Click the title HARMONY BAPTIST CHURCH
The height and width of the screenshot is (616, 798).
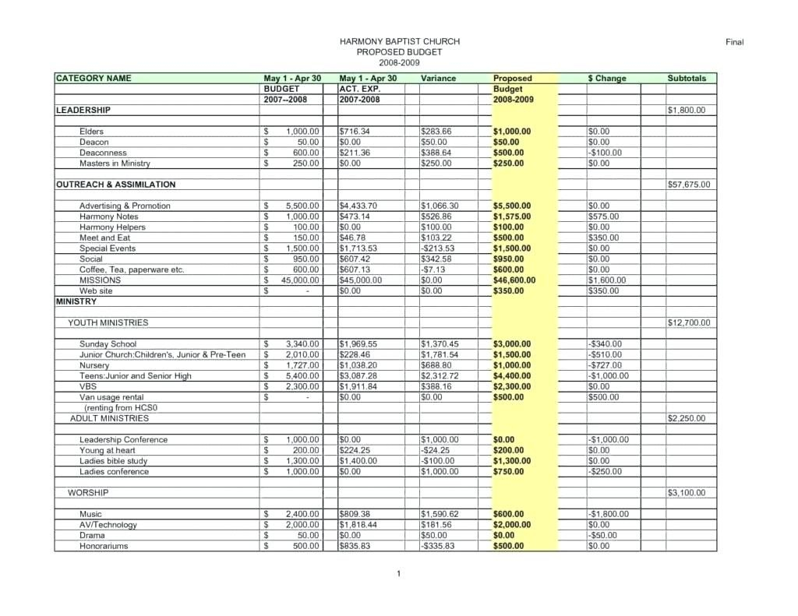pyautogui.click(x=399, y=41)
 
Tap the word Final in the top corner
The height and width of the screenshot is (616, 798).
pyautogui.click(x=735, y=42)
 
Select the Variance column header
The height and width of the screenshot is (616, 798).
pyautogui.click(x=438, y=79)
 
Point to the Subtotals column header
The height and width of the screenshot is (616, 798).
pyautogui.click(x=687, y=79)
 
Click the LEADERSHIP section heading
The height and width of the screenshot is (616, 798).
pyautogui.click(x=83, y=111)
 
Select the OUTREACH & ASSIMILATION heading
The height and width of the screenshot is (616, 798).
pyautogui.click(x=116, y=185)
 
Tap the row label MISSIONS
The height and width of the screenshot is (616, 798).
pyautogui.click(x=100, y=280)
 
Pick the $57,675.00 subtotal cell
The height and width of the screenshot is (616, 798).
pyautogui.click(x=689, y=185)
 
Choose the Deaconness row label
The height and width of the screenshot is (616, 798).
pyautogui.click(x=103, y=153)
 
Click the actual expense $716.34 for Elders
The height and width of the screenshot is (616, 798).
pyautogui.click(x=355, y=132)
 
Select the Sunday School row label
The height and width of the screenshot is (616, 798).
pyautogui.click(x=108, y=344)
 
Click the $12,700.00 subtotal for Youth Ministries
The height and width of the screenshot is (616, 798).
pyautogui.click(x=689, y=323)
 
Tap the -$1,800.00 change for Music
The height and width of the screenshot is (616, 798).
pyautogui.click(x=608, y=515)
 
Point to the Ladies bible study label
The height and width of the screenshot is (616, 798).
pyautogui.click(x=113, y=461)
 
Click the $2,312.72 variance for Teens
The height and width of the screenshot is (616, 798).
pyautogui.click(x=440, y=376)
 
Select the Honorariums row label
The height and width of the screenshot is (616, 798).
pyautogui.click(x=104, y=547)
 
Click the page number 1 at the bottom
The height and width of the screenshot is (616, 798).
pyautogui.click(x=398, y=574)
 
